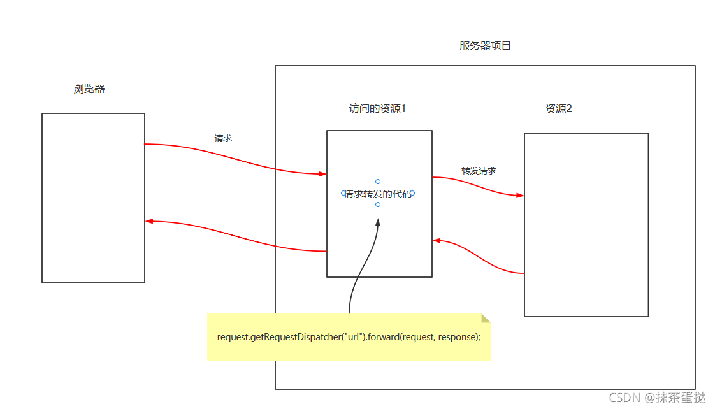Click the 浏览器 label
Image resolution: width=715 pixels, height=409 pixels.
click(89, 89)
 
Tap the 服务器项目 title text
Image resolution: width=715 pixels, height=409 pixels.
click(485, 46)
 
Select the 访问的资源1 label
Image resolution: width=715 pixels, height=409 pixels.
click(377, 109)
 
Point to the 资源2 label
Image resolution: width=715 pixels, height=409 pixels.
click(558, 109)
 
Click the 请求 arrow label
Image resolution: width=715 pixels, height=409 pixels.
click(223, 138)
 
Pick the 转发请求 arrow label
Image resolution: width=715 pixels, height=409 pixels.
click(479, 171)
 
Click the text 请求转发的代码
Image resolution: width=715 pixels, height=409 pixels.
click(378, 194)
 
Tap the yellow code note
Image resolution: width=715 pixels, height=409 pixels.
click(348, 337)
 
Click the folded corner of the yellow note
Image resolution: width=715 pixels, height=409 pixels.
click(486, 318)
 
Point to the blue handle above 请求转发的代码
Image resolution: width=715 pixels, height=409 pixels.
click(378, 182)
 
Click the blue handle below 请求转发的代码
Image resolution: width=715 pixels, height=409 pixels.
click(378, 204)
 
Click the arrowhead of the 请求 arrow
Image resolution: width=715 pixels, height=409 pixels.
click(323, 173)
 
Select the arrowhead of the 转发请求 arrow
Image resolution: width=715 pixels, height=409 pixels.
click(520, 196)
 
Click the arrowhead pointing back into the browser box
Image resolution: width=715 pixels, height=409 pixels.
click(149, 221)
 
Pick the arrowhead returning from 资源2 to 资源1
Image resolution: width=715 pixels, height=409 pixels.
click(437, 240)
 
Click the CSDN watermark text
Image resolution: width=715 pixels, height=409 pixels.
click(657, 398)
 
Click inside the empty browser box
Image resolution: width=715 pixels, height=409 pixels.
click(93, 197)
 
